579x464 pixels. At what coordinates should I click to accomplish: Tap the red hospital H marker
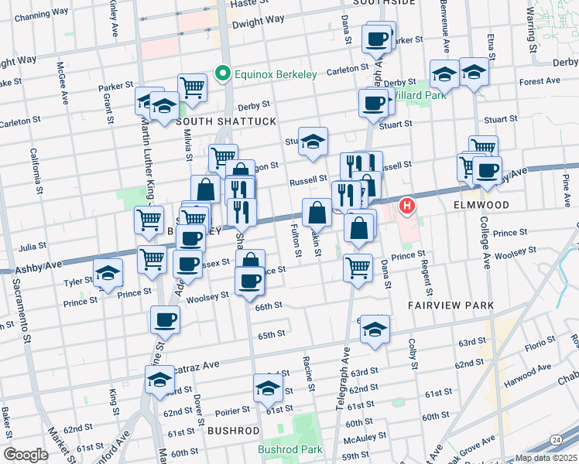pyautogui.click(x=406, y=206)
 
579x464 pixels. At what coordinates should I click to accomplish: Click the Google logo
pyautogui.click(x=26, y=455)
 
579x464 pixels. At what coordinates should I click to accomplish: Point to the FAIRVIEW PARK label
pyautogui.click(x=451, y=305)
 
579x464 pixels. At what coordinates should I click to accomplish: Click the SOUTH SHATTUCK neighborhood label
pyautogui.click(x=214, y=121)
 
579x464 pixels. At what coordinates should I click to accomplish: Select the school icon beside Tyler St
pyautogui.click(x=108, y=273)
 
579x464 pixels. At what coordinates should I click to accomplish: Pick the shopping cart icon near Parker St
pyautogui.click(x=191, y=87)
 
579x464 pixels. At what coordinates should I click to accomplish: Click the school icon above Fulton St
pyautogui.click(x=313, y=142)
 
